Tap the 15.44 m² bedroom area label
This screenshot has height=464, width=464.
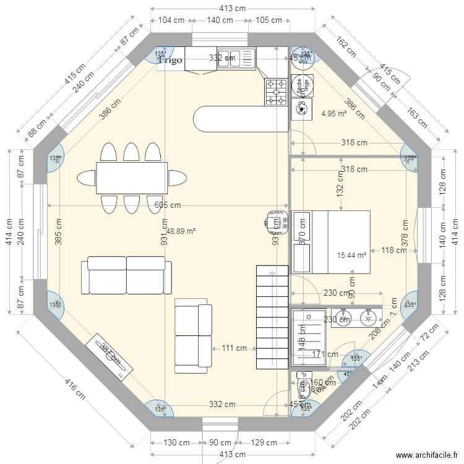pyautogui.click(x=351, y=255)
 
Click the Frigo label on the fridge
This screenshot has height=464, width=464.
pyautogui.click(x=171, y=60)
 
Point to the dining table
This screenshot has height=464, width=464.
pyautogui.click(x=131, y=178)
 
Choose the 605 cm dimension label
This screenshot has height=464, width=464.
pyautogui.click(x=168, y=205)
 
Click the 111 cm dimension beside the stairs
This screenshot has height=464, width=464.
pyautogui.click(x=234, y=348)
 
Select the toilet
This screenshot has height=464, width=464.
pyautogui.click(x=303, y=388)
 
